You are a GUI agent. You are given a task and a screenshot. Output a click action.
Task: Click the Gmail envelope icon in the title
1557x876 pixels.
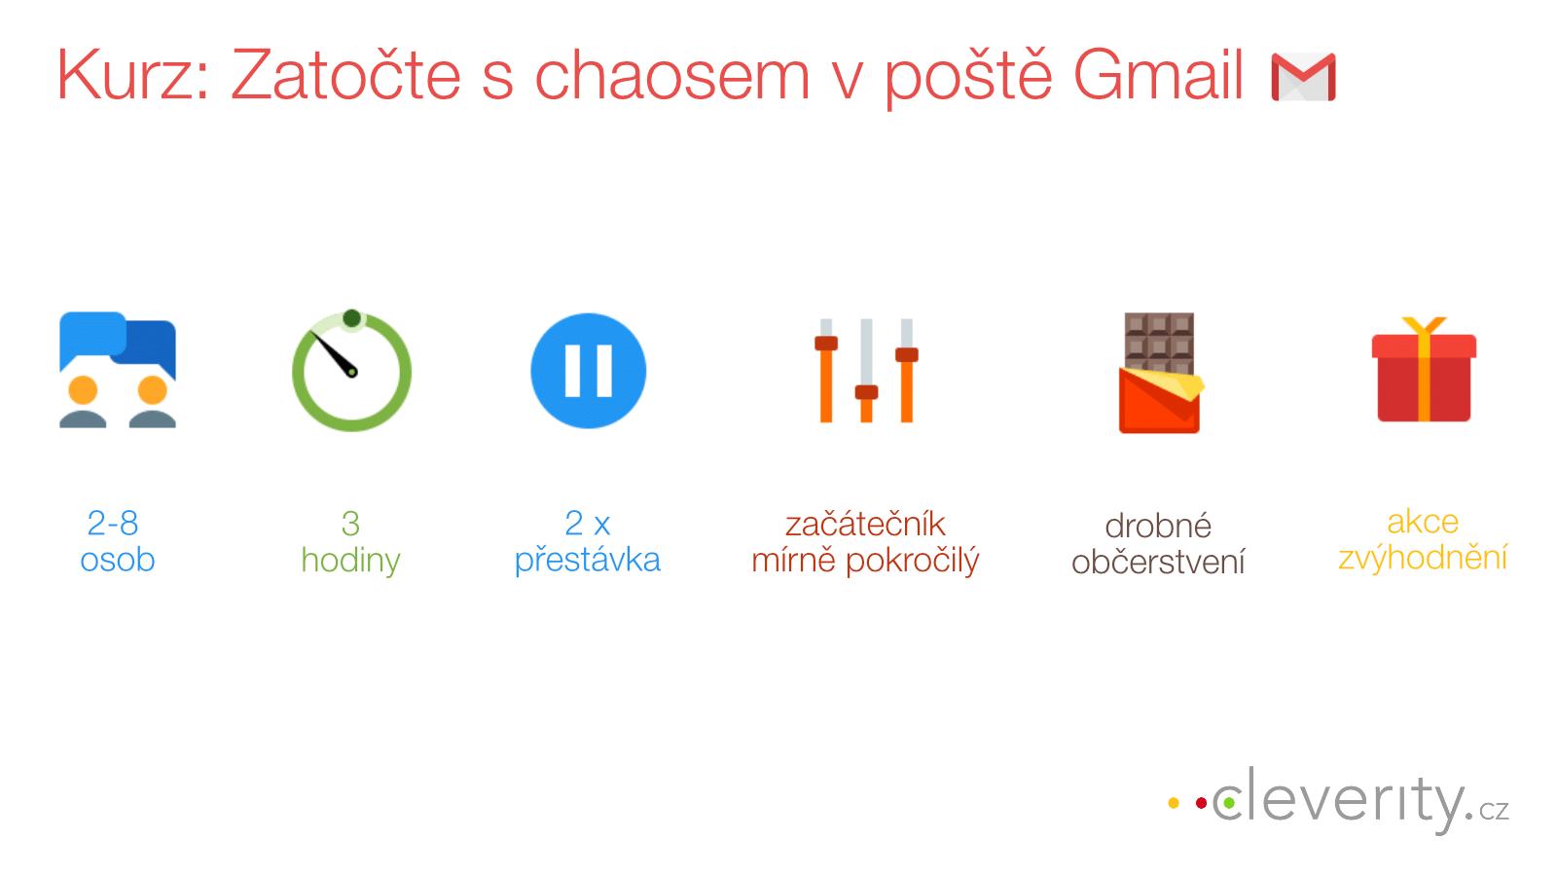coord(1303,77)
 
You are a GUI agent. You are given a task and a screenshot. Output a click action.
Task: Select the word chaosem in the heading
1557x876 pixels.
coord(672,75)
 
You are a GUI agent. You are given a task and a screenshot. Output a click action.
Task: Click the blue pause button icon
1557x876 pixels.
coord(588,371)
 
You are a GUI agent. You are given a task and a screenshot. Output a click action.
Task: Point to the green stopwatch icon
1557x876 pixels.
coord(351,370)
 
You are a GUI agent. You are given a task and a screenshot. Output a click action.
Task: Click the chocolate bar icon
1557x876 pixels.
coord(1159,373)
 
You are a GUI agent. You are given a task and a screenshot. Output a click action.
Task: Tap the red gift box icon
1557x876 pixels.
coord(1424,369)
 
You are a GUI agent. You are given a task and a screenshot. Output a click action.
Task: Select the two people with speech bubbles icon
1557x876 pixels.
coord(118,370)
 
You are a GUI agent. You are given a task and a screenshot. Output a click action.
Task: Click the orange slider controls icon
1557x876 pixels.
coord(866,371)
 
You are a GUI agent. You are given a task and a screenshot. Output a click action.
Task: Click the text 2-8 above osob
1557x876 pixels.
coord(113,523)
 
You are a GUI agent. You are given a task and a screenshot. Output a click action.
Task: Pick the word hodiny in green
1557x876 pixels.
coord(351,561)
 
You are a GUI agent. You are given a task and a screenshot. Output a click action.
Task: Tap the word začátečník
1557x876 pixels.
coord(865,524)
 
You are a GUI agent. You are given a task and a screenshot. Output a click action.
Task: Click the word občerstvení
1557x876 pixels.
coord(1158,562)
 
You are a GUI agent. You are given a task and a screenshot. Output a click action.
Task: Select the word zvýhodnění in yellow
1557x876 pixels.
coord(1423,558)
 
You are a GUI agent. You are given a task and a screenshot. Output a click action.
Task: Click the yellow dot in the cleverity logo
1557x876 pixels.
coord(1174,803)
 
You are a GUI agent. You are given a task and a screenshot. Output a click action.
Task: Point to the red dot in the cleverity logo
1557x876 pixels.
coord(1201,803)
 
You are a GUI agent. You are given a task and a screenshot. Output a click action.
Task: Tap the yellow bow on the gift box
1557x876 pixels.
coord(1424,327)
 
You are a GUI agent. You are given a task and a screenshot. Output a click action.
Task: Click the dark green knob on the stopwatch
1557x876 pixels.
coord(351,318)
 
